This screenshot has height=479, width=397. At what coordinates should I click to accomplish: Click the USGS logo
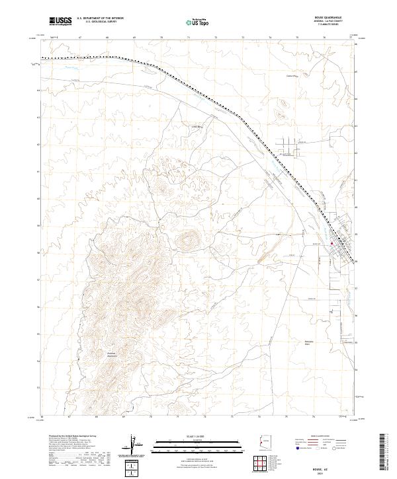click(x=60, y=22)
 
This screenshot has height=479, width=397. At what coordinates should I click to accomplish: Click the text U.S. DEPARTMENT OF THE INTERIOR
click(x=100, y=19)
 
